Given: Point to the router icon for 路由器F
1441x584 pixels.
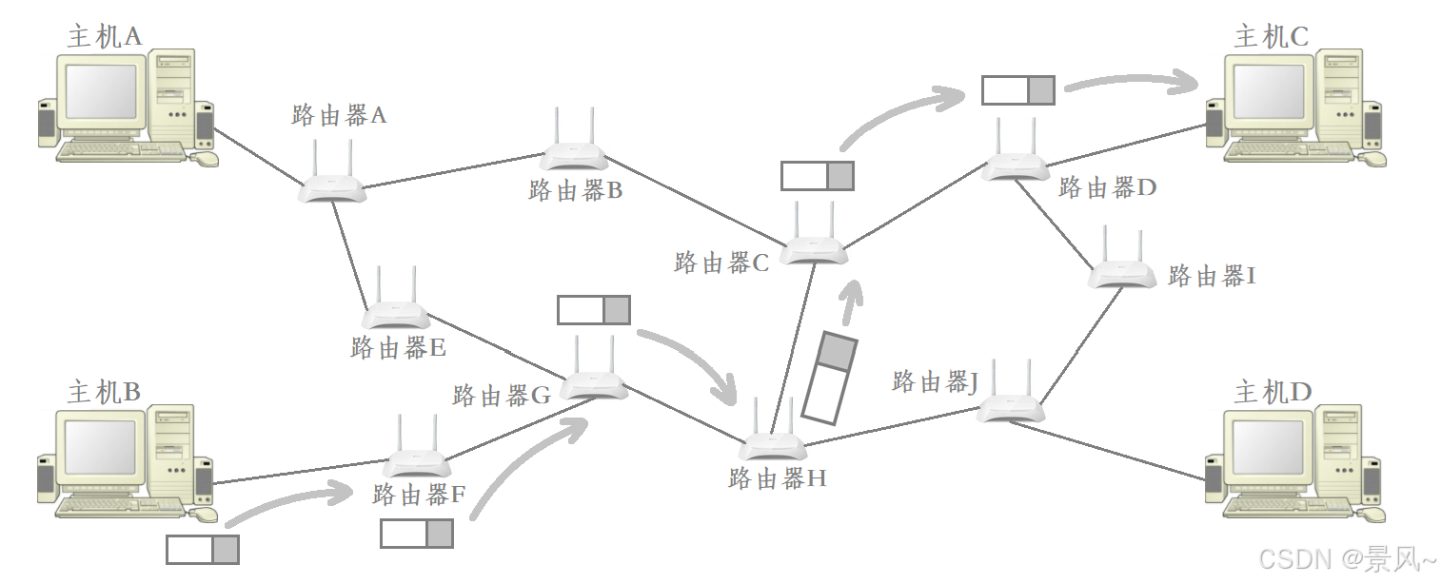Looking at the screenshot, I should click(417, 461).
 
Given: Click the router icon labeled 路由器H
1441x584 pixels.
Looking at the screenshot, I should click(772, 444).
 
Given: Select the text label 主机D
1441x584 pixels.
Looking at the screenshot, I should click(1273, 392).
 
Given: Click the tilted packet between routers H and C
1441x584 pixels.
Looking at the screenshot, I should click(830, 377).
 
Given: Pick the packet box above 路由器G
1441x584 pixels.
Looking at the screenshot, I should click(594, 310).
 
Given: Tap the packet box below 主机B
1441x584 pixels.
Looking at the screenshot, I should click(203, 550).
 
